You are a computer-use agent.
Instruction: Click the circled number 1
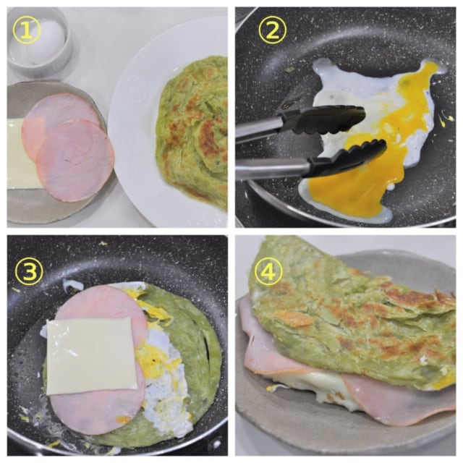coord(27,30)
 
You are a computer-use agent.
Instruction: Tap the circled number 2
coord(272,30)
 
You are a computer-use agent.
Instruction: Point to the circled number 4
coord(268,272)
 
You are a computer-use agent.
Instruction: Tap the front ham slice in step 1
coord(75,161)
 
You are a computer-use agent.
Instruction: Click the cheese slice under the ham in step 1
coord(17,153)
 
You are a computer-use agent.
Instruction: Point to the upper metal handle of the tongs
coord(259,130)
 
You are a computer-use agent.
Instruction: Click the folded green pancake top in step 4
coord(352,331)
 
